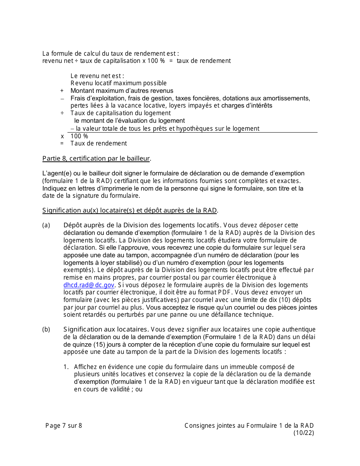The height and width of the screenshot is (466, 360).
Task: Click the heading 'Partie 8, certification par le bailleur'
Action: tap(97, 158)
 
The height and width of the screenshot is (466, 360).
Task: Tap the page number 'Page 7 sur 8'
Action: tap(64, 425)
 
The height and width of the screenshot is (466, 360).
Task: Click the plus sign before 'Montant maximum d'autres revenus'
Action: tap(62, 91)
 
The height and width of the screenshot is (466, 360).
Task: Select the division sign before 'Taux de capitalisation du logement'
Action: tap(62, 113)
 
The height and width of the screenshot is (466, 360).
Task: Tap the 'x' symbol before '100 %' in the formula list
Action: tap(62, 136)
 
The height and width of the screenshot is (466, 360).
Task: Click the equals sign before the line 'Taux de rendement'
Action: tap(62, 144)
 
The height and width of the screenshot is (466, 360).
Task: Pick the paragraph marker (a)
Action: tap(46, 225)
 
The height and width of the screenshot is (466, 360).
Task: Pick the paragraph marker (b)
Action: tap(46, 330)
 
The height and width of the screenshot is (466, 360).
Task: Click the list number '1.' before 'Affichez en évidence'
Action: tap(66, 367)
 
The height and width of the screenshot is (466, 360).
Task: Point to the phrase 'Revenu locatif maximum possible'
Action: tap(118, 83)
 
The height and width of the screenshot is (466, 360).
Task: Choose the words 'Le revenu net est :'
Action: tap(97, 76)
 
